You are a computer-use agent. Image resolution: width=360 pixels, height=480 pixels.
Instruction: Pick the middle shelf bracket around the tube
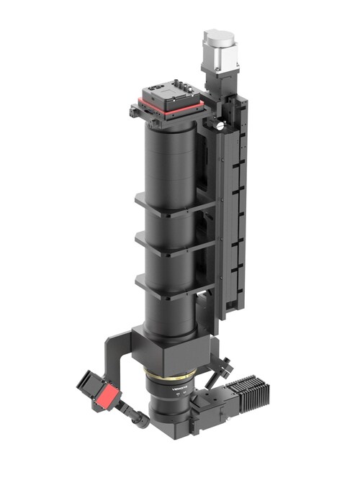click(173, 248)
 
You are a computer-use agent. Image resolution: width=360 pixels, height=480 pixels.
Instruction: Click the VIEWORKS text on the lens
click(177, 392)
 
